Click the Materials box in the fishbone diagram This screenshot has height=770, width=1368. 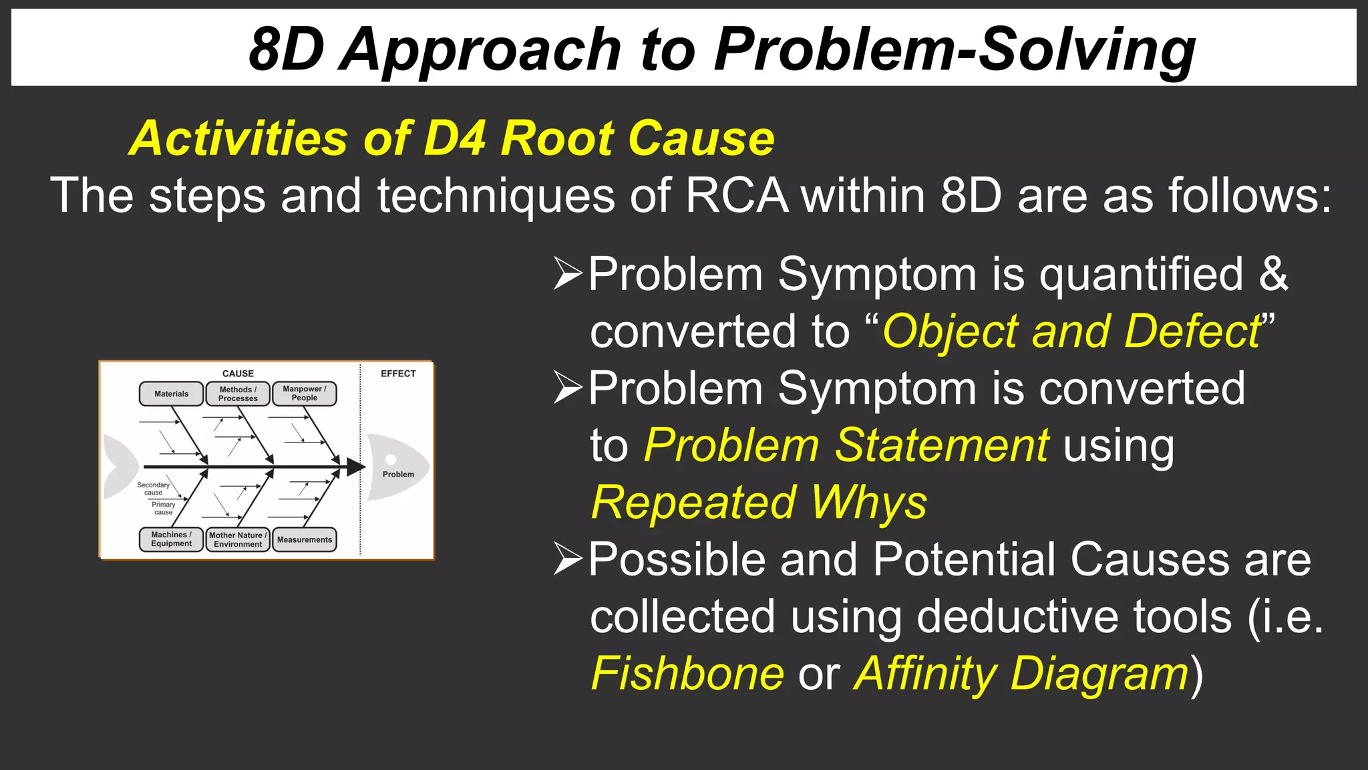tap(171, 394)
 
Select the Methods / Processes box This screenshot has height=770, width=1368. tap(238, 394)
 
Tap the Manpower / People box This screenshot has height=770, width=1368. tap(305, 394)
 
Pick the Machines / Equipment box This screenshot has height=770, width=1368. tap(171, 539)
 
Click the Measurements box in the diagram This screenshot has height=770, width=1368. tap(305, 540)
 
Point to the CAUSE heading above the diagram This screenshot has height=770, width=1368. tap(238, 374)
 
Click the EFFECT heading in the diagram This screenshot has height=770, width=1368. tap(398, 374)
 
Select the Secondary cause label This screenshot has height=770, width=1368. tap(154, 489)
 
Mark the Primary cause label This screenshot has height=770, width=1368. tap(164, 509)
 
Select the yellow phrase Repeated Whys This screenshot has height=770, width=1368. tap(759, 503)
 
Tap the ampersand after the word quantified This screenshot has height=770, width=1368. tap(1273, 274)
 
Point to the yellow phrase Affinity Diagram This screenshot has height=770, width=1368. tap(1022, 674)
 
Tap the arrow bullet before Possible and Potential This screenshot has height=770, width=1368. tap(568, 559)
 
